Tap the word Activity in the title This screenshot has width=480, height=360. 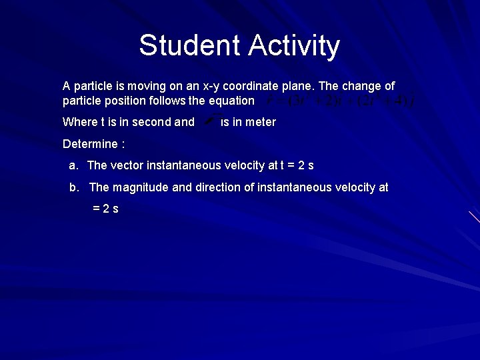(x=294, y=46)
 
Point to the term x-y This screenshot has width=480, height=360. (x=201, y=87)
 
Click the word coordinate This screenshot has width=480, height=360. (x=245, y=87)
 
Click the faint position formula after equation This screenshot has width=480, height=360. (x=340, y=101)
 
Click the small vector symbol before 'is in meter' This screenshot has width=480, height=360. (x=209, y=121)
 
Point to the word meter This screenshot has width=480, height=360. (x=261, y=122)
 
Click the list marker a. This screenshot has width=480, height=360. (x=73, y=165)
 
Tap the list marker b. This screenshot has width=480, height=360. (x=74, y=187)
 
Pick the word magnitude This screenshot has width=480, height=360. (x=140, y=187)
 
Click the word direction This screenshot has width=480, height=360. (x=218, y=187)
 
